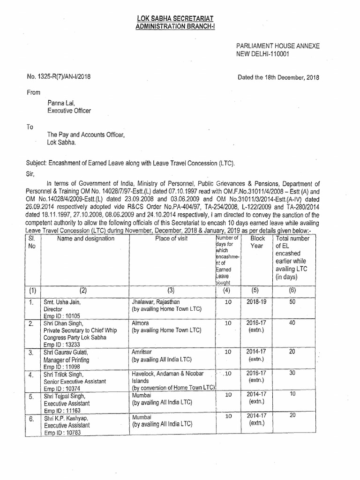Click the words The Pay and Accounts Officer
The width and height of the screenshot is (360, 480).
[x=86, y=135]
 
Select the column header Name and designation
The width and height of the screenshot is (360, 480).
[x=85, y=239]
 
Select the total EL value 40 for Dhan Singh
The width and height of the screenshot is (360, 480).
[x=292, y=323]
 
